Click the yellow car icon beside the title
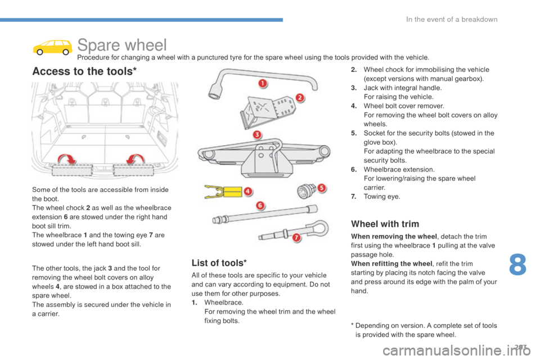[52, 47]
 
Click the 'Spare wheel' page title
[122, 45]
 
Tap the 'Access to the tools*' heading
[84, 71]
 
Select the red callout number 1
[263, 83]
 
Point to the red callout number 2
[300, 97]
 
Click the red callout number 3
[257, 134]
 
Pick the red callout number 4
[247, 191]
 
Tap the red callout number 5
[321, 188]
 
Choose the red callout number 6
[260, 206]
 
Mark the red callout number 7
[296, 237]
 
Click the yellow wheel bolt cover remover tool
[223, 192]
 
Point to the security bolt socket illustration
[306, 191]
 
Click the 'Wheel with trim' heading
[385, 224]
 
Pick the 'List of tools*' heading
[219, 263]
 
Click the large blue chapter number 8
[517, 264]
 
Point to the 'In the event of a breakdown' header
[452, 19]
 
